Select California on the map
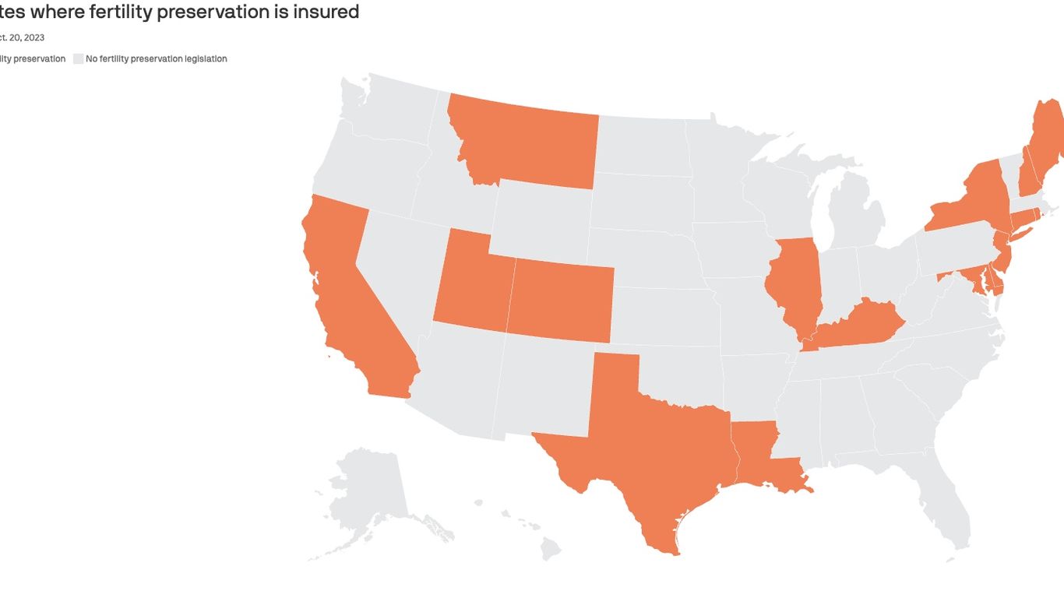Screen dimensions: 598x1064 (343, 296)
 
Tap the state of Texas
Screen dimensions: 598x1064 (654, 452)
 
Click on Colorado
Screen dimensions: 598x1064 (561, 300)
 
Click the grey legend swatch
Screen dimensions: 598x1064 (78, 58)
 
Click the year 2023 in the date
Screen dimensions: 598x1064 (33, 37)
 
